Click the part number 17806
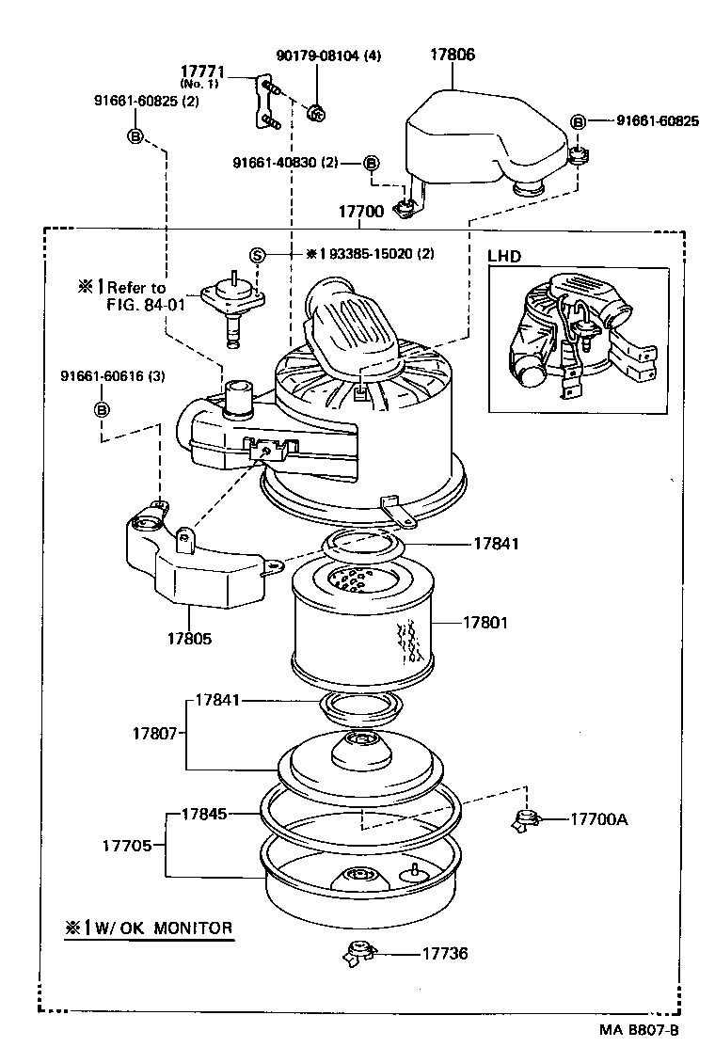(x=452, y=56)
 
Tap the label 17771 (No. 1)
(x=201, y=75)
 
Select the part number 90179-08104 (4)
(x=328, y=56)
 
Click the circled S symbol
(x=257, y=254)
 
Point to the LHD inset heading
(x=504, y=256)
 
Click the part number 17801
(x=484, y=622)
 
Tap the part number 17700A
(x=598, y=818)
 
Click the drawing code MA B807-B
(x=639, y=1029)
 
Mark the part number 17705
(x=127, y=845)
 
